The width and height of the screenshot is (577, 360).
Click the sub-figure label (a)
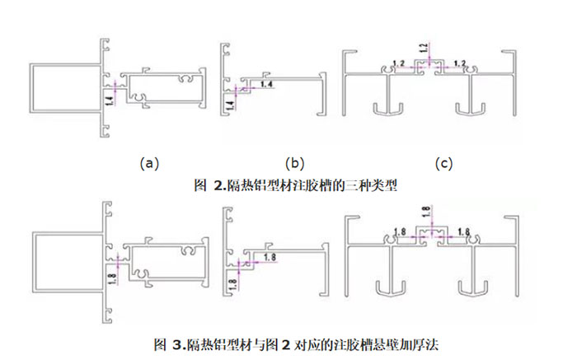148,163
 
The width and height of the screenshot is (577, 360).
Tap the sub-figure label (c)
446,163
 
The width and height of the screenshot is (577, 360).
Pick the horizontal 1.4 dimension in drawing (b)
265,84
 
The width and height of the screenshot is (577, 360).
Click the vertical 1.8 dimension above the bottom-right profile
425,211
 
